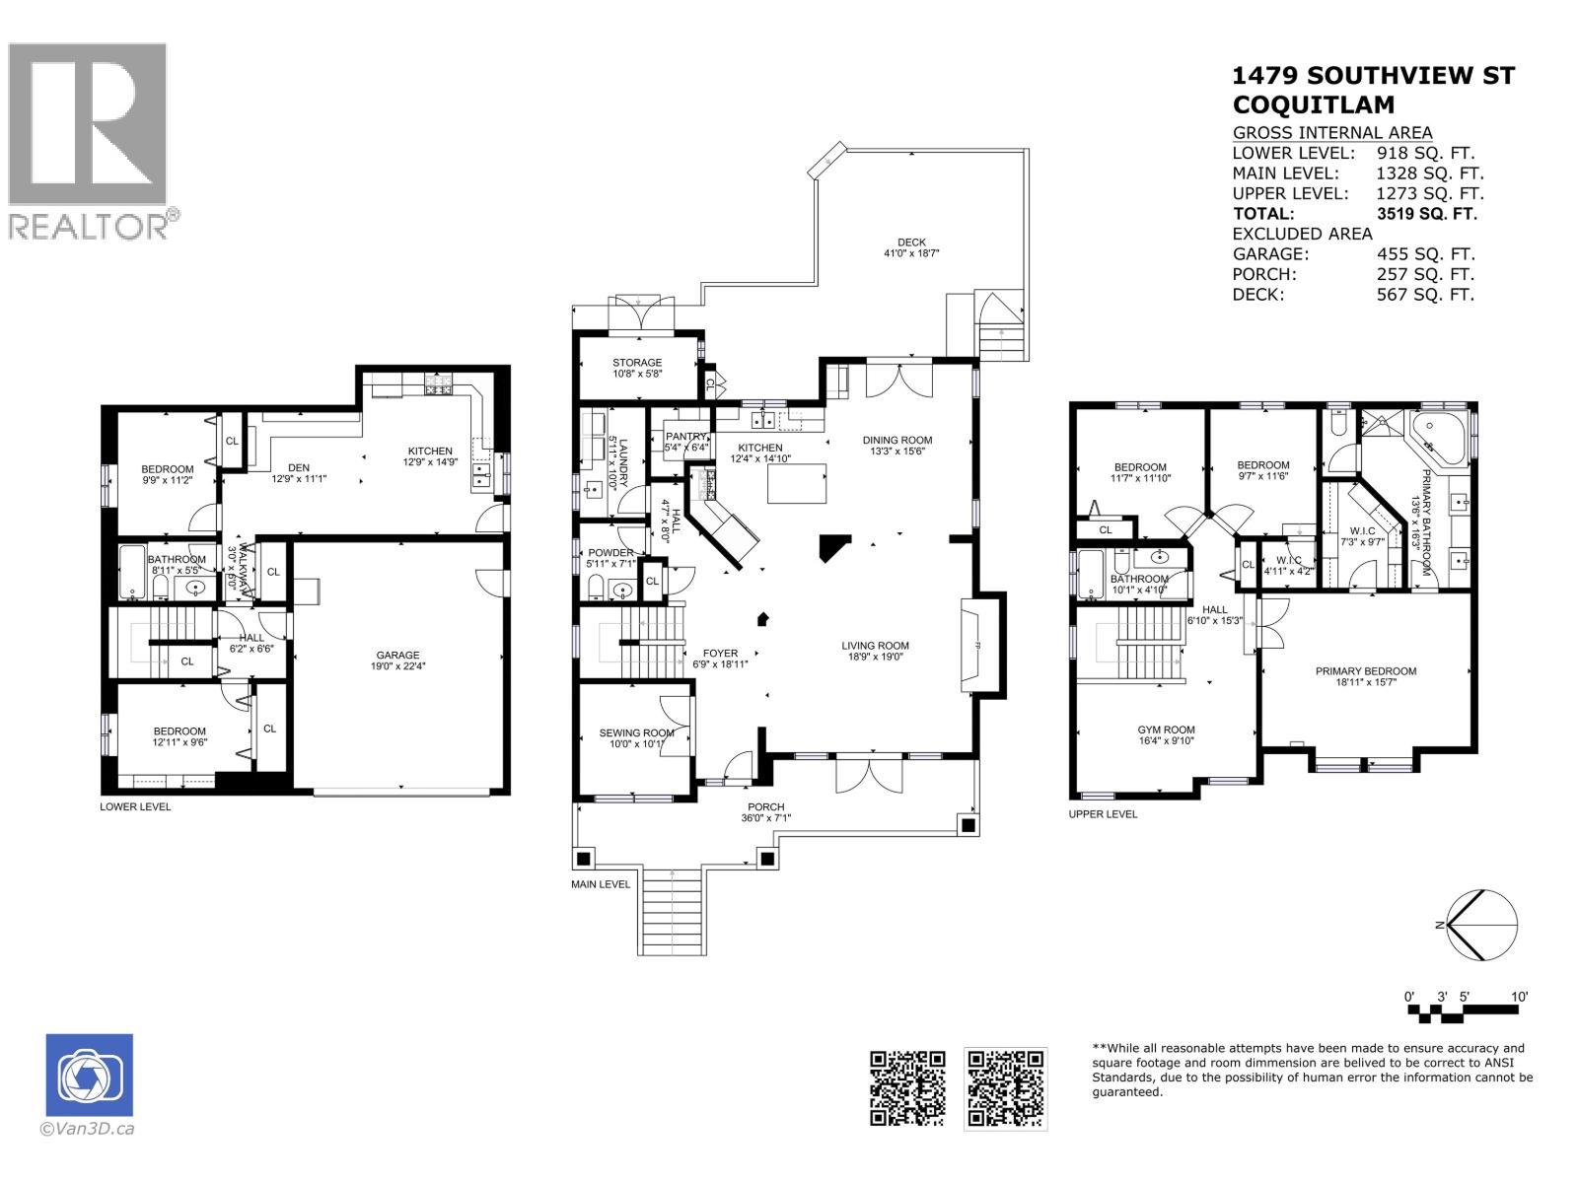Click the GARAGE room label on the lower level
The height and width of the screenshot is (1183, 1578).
[x=397, y=655]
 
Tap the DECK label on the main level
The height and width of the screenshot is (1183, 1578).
[x=911, y=243]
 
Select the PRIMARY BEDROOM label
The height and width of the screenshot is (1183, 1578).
[x=1365, y=671]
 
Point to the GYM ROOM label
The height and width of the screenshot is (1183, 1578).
[x=1166, y=730]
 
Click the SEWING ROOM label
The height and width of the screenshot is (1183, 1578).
[x=636, y=732]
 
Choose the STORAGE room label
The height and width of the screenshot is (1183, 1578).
[x=637, y=363]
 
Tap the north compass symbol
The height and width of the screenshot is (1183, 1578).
[x=1481, y=925]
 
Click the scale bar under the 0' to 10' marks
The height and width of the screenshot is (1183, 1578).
[x=1463, y=1012]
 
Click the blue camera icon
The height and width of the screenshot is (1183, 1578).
[x=89, y=1075]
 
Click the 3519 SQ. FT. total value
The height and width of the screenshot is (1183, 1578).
[x=1426, y=213]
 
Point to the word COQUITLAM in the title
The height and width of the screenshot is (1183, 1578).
[x=1314, y=104]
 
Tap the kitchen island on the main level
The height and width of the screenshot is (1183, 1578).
[x=797, y=483]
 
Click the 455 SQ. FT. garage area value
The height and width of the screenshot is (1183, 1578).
[x=1425, y=253]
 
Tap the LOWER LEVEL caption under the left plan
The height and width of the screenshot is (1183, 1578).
[x=135, y=806]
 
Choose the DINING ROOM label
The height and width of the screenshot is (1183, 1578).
[x=897, y=440]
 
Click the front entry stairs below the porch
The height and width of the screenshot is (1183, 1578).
[x=673, y=911]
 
